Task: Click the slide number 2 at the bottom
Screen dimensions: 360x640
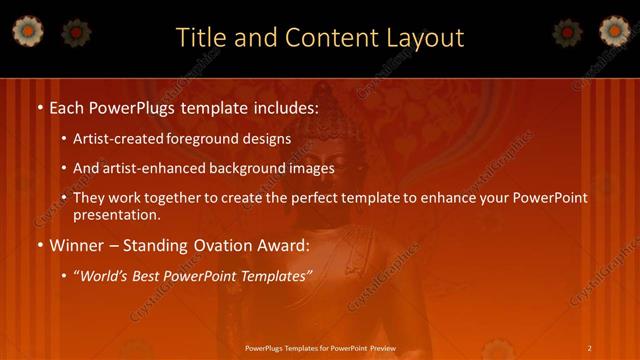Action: point(590,347)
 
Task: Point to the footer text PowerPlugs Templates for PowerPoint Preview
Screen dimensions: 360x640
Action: point(321,347)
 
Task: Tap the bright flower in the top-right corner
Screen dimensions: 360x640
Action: point(614,32)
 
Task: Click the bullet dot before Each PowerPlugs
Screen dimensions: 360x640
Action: point(39,106)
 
